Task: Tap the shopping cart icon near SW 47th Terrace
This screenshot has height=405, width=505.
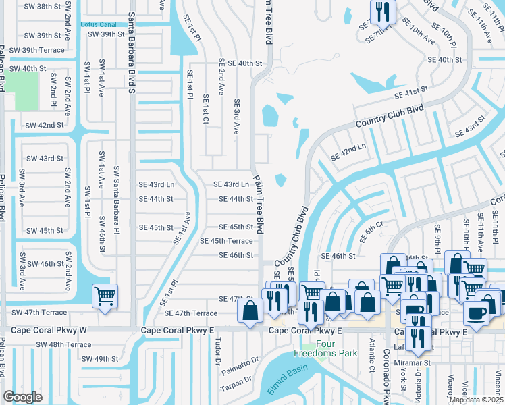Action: pyautogui.click(x=105, y=296)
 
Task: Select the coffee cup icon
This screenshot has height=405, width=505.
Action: pyautogui.click(x=477, y=313)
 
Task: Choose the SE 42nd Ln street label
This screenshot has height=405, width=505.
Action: pyautogui.click(x=348, y=152)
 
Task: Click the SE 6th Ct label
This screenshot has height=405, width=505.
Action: pyautogui.click(x=371, y=227)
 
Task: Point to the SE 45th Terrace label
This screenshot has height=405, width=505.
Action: pyautogui.click(x=226, y=241)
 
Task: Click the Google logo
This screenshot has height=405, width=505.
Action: pyautogui.click(x=23, y=397)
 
